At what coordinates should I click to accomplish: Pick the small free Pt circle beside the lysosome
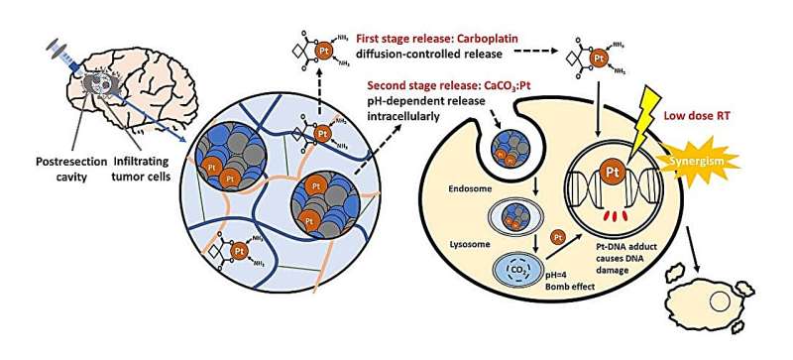click(557, 236)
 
